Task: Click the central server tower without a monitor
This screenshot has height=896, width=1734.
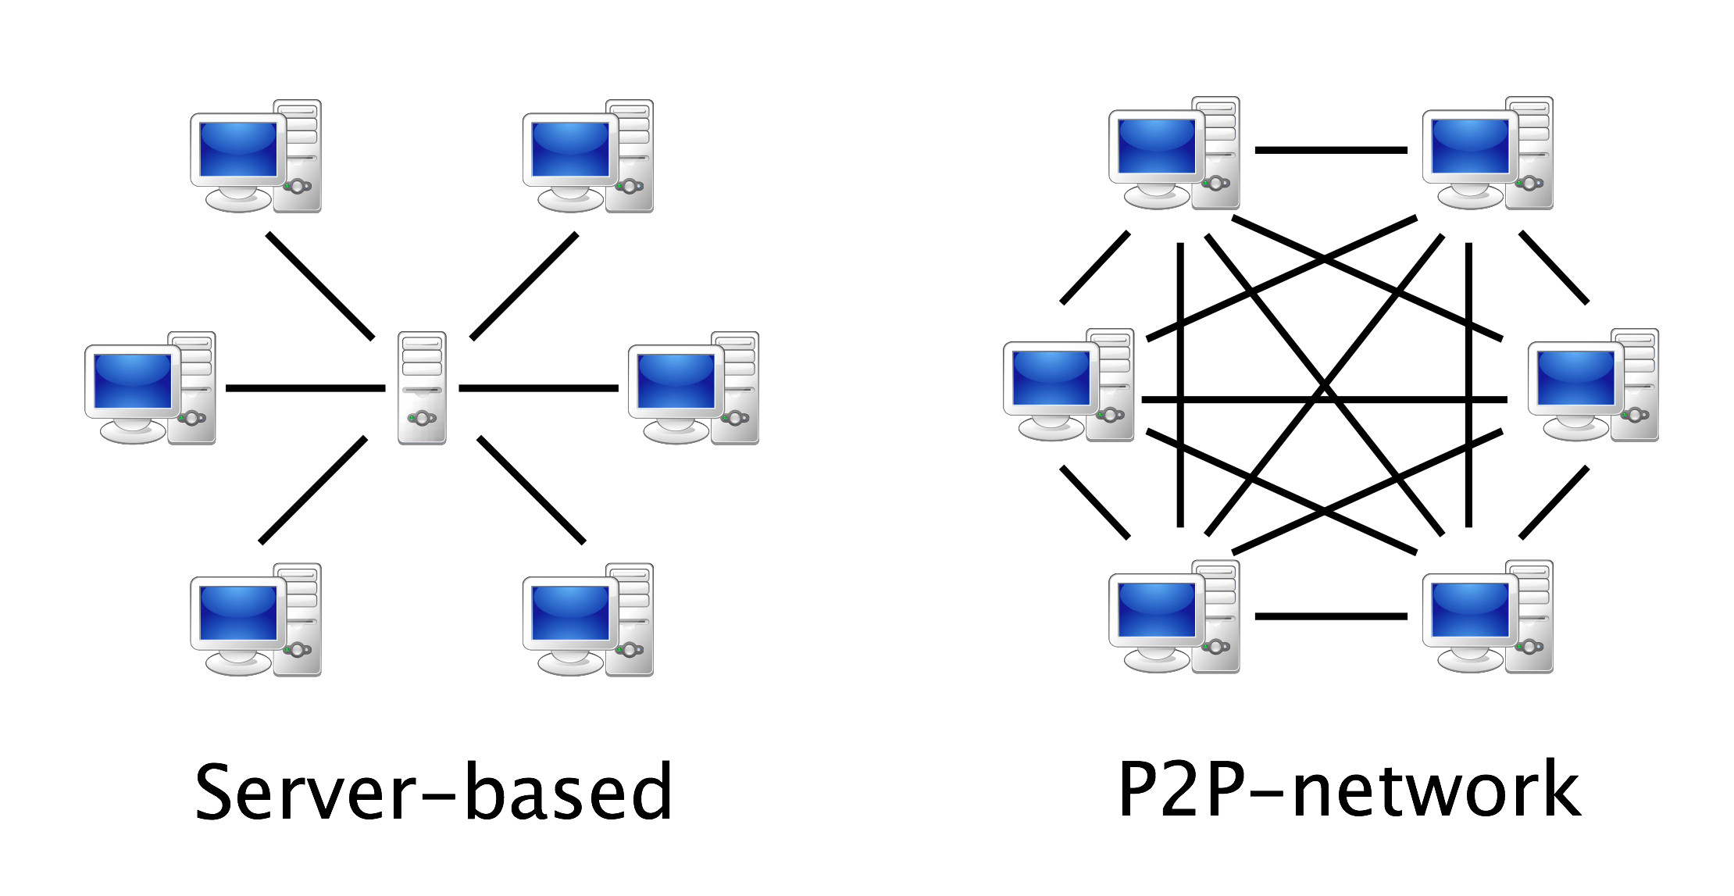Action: pyautogui.click(x=422, y=387)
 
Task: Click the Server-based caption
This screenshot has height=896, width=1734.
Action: pyautogui.click(x=433, y=792)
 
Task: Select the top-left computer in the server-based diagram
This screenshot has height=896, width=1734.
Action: pyautogui.click(x=255, y=156)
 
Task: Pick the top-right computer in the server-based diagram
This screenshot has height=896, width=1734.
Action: pyautogui.click(x=587, y=156)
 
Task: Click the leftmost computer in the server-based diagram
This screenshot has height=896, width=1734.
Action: pyautogui.click(x=150, y=388)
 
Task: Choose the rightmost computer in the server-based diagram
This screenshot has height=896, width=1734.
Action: pyautogui.click(x=694, y=388)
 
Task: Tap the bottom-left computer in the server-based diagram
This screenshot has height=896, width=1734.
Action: pyautogui.click(x=255, y=619)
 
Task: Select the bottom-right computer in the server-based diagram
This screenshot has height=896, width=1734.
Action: pyautogui.click(x=587, y=619)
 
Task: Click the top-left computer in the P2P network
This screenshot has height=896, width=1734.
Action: pyautogui.click(x=1174, y=153)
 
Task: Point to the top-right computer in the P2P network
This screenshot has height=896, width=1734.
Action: pyautogui.click(x=1487, y=153)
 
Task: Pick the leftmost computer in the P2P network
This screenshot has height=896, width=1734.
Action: pyautogui.click(x=1068, y=385)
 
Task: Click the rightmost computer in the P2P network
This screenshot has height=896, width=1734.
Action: pyautogui.click(x=1593, y=385)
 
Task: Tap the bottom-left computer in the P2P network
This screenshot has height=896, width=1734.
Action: pyautogui.click(x=1174, y=616)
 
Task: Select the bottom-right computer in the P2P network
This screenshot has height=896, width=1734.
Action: pyautogui.click(x=1487, y=616)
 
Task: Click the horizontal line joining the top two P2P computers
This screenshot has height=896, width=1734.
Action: pyautogui.click(x=1331, y=150)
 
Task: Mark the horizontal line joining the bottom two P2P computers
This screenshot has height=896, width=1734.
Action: pyautogui.click(x=1331, y=616)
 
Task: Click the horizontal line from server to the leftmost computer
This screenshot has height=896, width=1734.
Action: pyautogui.click(x=305, y=387)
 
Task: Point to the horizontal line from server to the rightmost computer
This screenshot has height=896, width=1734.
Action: pyautogui.click(x=538, y=387)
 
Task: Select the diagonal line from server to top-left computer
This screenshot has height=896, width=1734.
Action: pyautogui.click(x=320, y=286)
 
